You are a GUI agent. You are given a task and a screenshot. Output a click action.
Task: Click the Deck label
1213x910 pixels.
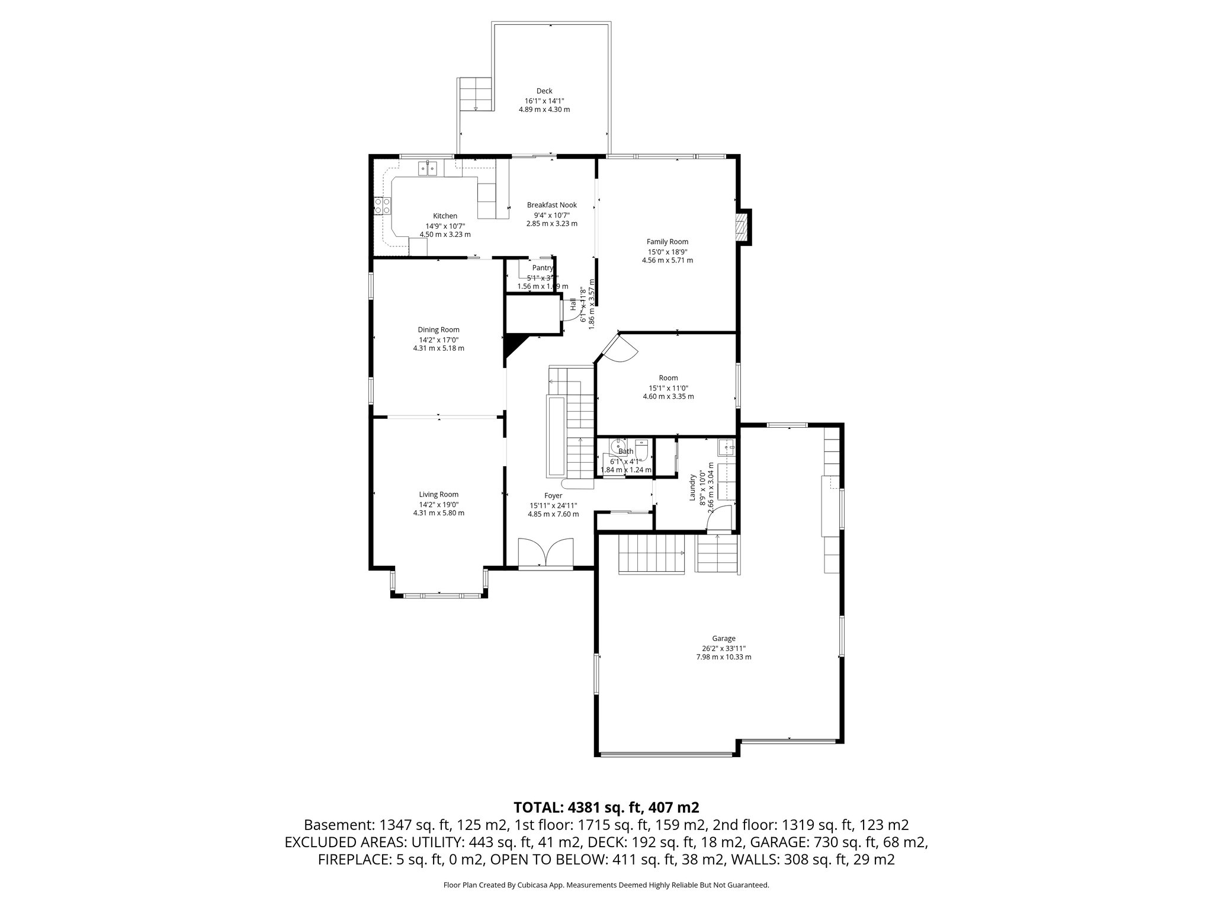(544, 91)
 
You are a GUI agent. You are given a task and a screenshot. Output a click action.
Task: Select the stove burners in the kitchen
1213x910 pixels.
(382, 206)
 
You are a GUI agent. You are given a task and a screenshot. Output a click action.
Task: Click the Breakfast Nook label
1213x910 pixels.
(551, 205)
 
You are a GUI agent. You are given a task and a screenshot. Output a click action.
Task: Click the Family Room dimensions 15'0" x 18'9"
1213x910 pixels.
(667, 251)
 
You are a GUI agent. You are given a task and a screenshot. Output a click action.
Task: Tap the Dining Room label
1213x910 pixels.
(438, 330)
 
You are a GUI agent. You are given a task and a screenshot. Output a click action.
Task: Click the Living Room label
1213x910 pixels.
(438, 495)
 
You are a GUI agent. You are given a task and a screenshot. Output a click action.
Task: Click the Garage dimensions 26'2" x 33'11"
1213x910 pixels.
(724, 648)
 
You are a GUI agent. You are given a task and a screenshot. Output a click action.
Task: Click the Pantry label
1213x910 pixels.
(542, 268)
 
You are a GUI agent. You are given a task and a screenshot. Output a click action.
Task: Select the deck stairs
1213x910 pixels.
(476, 94)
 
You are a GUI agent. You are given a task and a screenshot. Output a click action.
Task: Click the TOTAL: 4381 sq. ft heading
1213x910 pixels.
(606, 807)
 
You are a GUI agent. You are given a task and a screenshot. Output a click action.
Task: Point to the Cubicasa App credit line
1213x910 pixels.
(606, 885)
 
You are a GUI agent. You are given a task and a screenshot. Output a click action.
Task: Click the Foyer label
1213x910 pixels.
(553, 496)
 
